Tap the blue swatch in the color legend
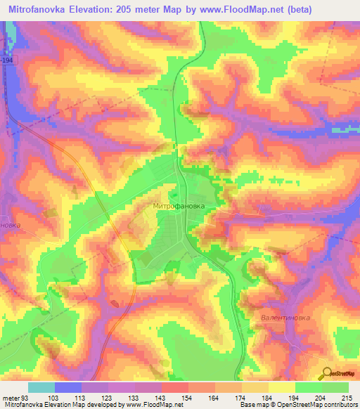(x=67, y=387)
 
